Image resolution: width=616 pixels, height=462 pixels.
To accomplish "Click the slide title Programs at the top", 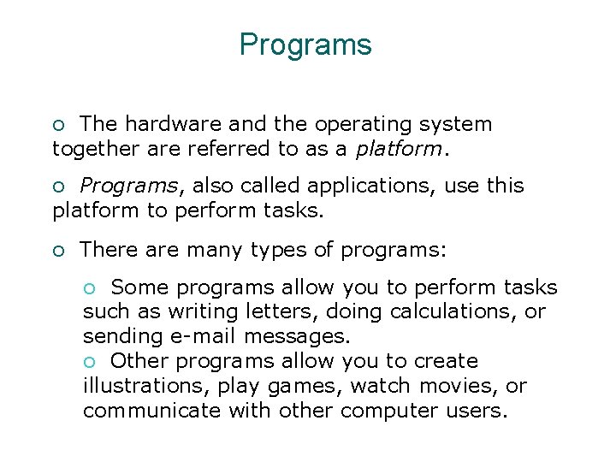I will (305, 44).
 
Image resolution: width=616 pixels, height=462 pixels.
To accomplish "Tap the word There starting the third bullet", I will (107, 250).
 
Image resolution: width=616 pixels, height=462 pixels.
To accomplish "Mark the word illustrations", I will (142, 386).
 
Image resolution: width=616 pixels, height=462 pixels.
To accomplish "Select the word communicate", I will (152, 410).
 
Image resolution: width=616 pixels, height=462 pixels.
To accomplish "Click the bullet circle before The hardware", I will (59, 125).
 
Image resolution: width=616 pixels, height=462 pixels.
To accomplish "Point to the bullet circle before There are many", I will (59, 251).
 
